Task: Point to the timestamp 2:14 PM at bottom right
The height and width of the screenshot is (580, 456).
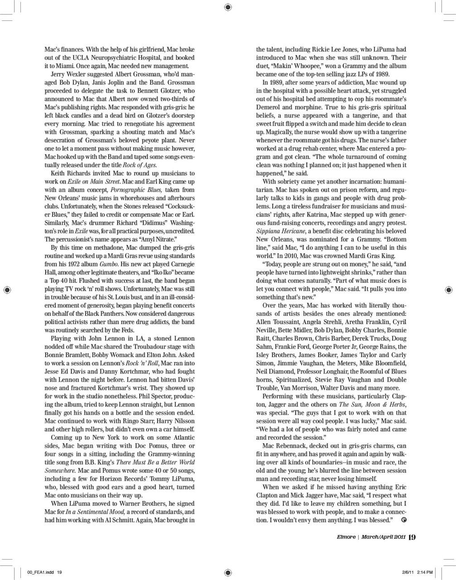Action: [424, 572]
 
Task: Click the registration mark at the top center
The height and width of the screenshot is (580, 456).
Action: [228, 6]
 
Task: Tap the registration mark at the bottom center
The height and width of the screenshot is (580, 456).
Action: [228, 572]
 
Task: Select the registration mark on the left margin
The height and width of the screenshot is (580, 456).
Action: [6, 289]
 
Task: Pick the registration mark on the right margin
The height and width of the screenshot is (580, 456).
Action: [448, 289]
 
